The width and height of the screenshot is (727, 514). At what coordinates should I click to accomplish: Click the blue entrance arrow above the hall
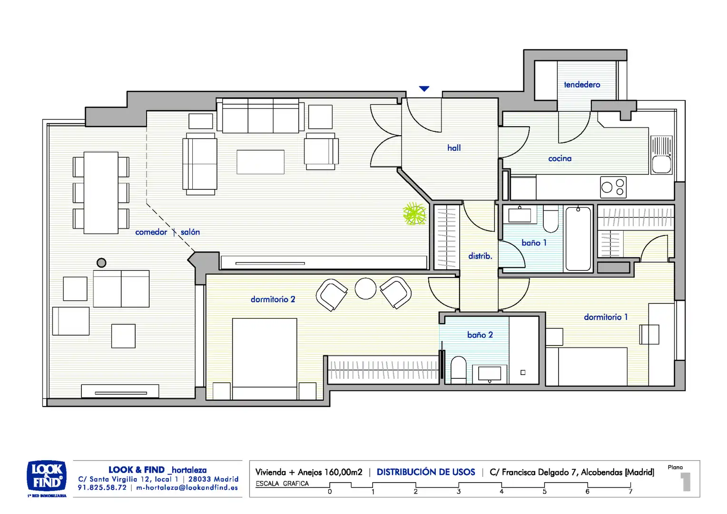point(424,89)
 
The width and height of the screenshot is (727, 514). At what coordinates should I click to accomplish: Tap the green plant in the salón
point(414,214)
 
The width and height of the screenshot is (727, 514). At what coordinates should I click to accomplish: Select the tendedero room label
point(582,85)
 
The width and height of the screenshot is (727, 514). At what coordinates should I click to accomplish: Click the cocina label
point(560,158)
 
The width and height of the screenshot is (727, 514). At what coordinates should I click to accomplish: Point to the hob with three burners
point(613,187)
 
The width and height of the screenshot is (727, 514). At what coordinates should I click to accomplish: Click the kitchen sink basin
point(661,164)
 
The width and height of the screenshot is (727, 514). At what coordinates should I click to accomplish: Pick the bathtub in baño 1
point(578,238)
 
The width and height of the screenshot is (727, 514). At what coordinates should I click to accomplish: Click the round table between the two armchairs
point(365,288)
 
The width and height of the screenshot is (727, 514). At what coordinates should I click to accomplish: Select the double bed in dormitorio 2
point(265,359)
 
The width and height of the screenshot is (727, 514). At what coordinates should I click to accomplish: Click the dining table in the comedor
point(101,193)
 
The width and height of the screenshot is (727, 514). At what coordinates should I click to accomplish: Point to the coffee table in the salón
point(260,162)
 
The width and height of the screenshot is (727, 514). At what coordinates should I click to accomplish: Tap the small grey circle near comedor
point(102,263)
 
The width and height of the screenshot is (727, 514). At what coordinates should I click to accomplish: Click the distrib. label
point(480,256)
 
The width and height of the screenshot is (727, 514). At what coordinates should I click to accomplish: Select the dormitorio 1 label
point(606,317)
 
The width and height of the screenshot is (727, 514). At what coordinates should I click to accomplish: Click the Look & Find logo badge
point(47,475)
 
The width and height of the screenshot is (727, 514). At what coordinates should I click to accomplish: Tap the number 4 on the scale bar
point(501,492)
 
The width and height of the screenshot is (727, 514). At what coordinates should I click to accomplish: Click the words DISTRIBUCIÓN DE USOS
point(426,472)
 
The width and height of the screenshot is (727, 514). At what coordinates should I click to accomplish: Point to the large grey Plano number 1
point(686,482)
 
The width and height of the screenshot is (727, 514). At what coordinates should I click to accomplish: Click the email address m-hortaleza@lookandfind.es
point(187,488)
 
